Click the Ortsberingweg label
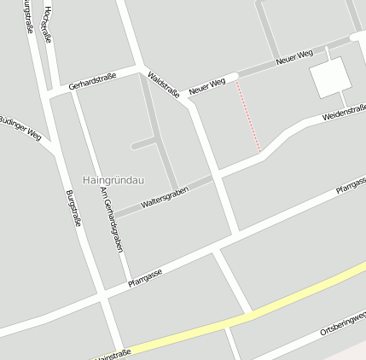point(341,325)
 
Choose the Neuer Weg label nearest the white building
point(294,58)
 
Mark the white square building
point(330,78)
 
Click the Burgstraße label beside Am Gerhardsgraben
point(73,208)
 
